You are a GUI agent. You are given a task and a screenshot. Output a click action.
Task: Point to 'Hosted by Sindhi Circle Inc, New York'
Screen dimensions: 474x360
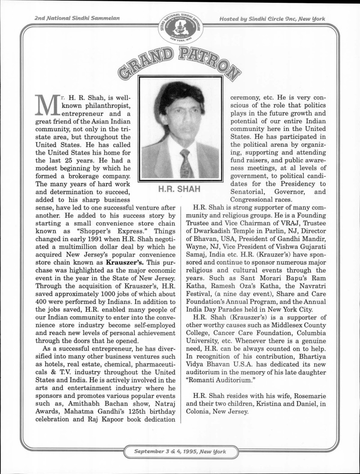[272, 18]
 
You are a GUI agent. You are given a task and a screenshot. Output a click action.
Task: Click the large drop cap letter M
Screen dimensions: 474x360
[44, 107]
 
